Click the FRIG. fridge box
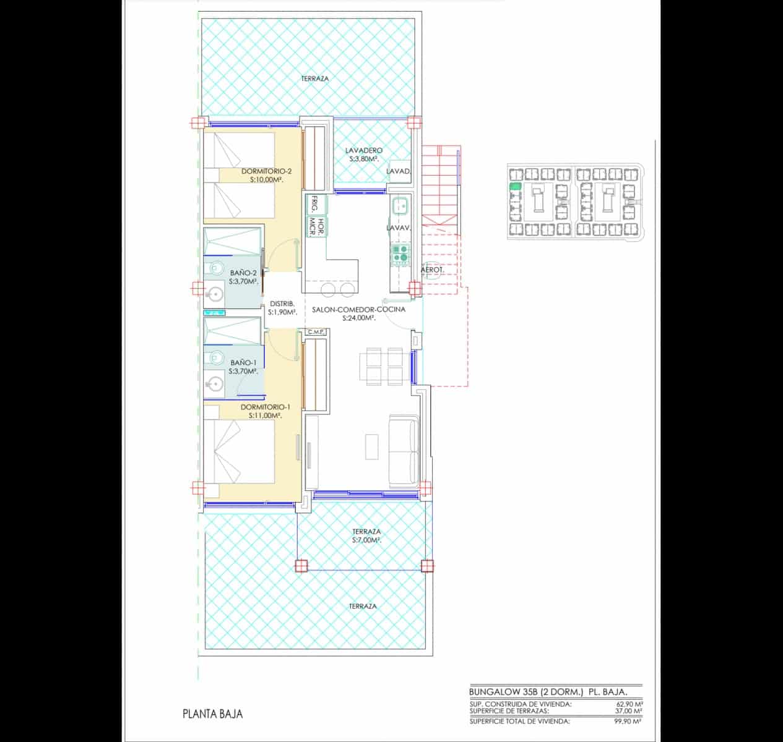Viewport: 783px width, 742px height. (x=314, y=205)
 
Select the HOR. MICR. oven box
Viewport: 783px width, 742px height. (x=314, y=226)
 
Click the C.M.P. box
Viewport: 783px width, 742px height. (x=316, y=333)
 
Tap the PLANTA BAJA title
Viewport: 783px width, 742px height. (x=212, y=714)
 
